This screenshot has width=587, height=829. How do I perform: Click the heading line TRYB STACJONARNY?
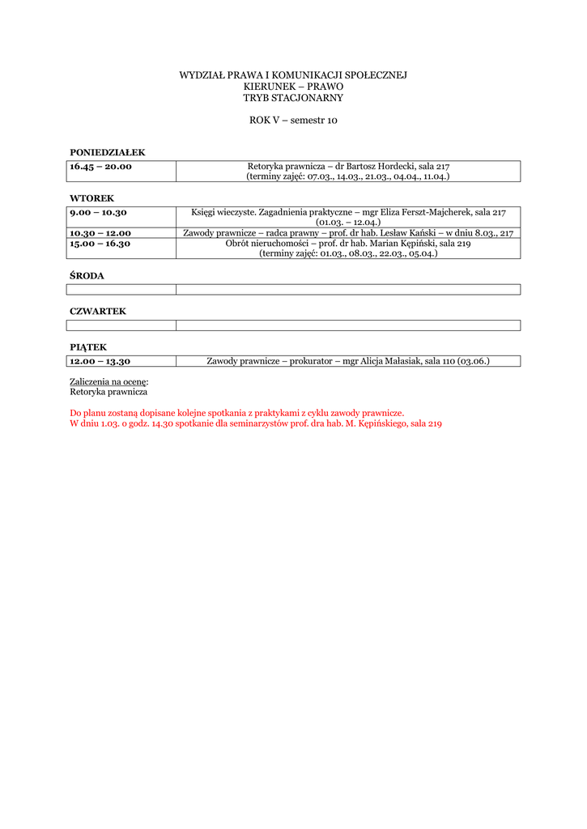coord(293,98)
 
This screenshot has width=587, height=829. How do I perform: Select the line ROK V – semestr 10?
coord(293,121)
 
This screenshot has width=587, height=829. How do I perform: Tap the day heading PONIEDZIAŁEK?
coord(108,152)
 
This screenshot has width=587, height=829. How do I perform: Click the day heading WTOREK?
coord(92,198)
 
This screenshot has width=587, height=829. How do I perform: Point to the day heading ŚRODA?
coord(87,276)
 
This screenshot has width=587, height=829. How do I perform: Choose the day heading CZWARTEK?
coord(98,312)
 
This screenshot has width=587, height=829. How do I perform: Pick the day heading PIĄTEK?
coord(88,347)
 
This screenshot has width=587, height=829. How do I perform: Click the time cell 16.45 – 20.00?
coord(100,167)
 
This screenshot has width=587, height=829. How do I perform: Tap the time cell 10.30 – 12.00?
coord(100,233)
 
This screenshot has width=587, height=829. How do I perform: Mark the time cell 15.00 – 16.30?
coord(100,244)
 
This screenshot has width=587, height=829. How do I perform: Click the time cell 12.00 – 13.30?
coord(100,362)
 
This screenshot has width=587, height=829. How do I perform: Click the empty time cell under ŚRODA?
coord(121,290)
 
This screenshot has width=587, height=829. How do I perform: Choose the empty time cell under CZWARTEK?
coord(121,325)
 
